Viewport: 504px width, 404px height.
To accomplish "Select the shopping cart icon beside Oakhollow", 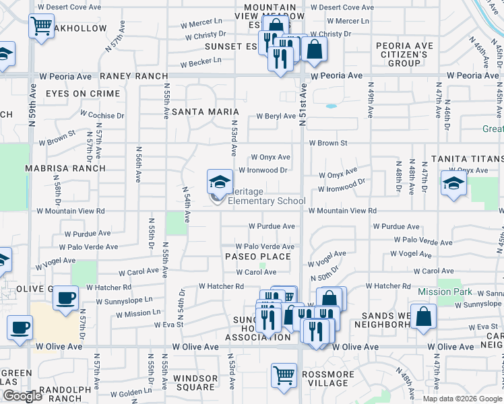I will pos(42,27).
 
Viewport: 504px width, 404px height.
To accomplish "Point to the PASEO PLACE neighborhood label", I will pos(258,257).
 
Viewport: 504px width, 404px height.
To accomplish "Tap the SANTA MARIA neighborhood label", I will pos(206,111).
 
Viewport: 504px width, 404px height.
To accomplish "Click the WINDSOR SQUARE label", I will pos(195,382).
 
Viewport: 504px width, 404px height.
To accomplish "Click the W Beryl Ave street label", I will pos(276,116).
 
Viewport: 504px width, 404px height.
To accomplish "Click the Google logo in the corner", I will pos(22,396).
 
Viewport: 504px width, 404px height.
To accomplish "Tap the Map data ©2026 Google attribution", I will pos(462,398).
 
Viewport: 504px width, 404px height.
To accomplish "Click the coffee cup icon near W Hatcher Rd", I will pos(66,298).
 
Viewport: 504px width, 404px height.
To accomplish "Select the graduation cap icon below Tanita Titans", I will pos(453,182).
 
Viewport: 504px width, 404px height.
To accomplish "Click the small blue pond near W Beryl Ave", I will pos(331,106).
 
